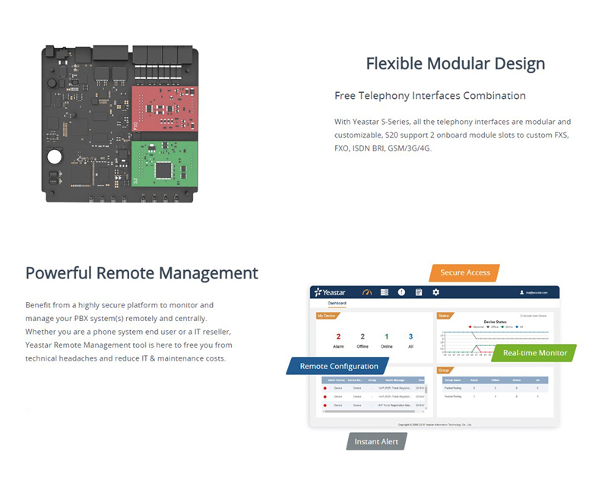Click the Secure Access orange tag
(x=465, y=272)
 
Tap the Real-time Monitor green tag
(x=534, y=353)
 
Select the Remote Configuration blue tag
(x=338, y=366)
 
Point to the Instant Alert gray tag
(x=376, y=441)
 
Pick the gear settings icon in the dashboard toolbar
(x=435, y=292)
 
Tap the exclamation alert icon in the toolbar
(x=401, y=292)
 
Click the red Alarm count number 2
(x=338, y=336)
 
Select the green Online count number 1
(x=386, y=336)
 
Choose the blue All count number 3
(x=410, y=336)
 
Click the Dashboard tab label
(x=337, y=304)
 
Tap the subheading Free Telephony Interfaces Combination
(x=430, y=96)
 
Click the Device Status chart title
(x=495, y=322)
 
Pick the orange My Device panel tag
(x=326, y=315)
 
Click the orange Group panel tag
(x=445, y=370)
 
